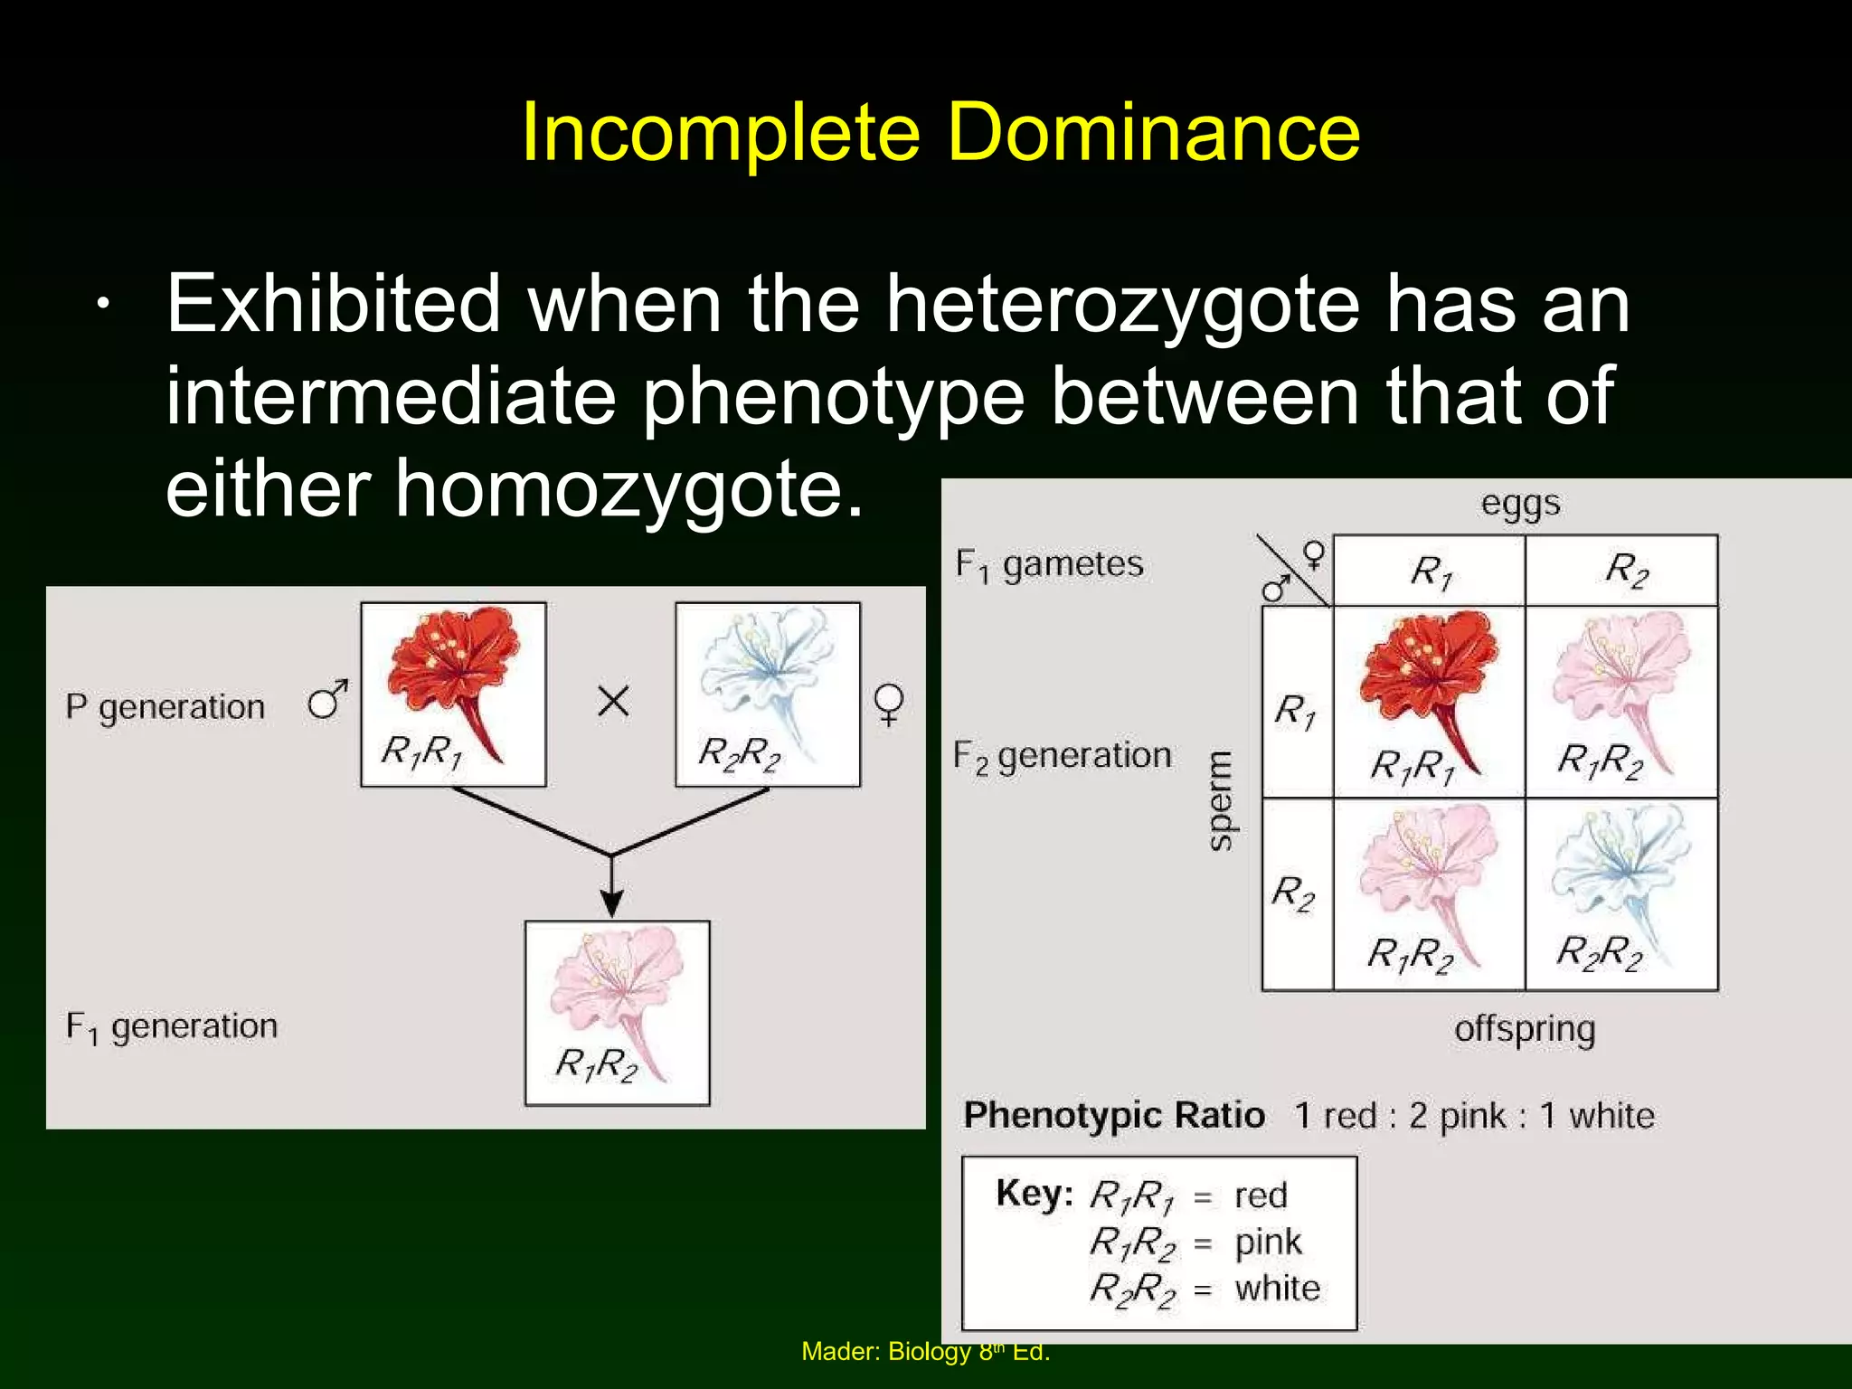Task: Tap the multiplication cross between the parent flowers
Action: (613, 701)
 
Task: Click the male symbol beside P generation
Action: (327, 700)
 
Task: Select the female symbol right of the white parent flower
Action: (889, 704)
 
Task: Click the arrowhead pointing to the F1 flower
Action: (612, 903)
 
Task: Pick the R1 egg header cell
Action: (1430, 571)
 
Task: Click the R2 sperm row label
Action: (1293, 893)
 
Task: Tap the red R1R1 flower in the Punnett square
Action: (1429, 687)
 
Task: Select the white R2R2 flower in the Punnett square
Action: (1620, 882)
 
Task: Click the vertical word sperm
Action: (1221, 800)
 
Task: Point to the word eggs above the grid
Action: (1520, 504)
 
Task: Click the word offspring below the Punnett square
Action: (1525, 1029)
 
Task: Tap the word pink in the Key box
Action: (1268, 1243)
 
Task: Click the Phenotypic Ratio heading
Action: (1113, 1115)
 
